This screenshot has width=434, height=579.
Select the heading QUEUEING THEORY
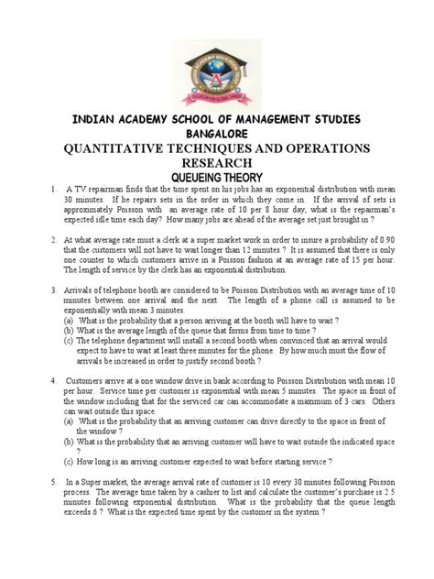(217, 177)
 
